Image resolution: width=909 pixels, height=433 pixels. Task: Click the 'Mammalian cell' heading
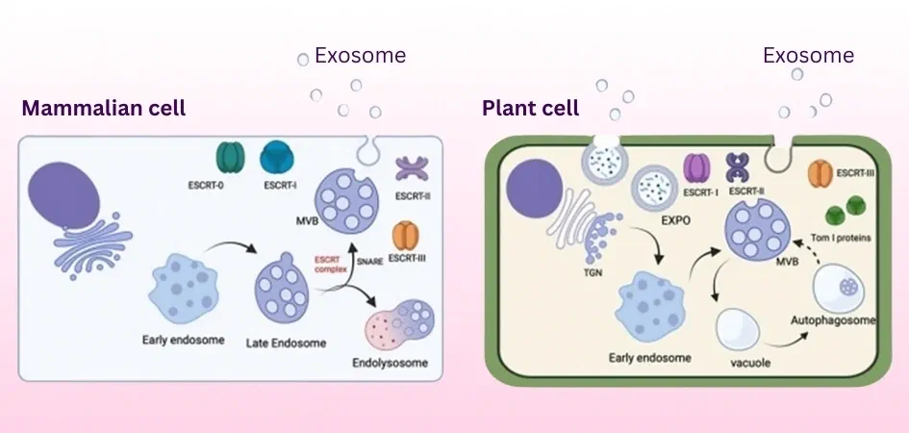(103, 108)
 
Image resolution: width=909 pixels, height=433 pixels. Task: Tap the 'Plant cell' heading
(530, 107)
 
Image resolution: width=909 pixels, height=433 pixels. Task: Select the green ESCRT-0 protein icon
(232, 158)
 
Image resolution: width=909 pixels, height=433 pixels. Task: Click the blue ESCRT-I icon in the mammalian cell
(278, 158)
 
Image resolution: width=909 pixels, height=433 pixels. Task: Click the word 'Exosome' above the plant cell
(808, 55)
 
